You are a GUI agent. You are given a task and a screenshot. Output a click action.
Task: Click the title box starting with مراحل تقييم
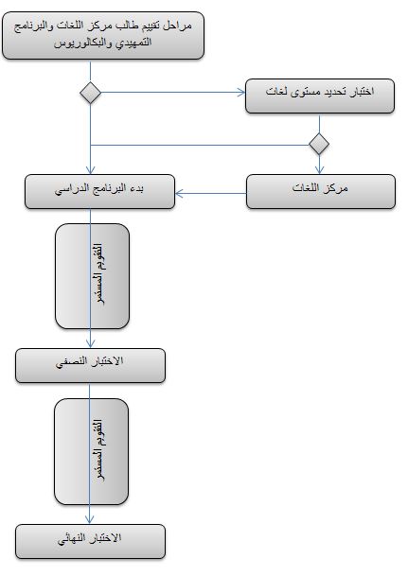point(103,35)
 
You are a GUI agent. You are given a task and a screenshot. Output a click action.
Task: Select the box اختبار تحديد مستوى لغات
point(320,96)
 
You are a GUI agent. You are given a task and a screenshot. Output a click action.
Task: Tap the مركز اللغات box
point(321,191)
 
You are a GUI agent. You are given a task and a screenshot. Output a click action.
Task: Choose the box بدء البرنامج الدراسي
point(99,191)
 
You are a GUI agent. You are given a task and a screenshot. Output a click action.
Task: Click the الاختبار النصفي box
point(91,365)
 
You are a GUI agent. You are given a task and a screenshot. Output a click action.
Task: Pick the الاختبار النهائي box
point(91,541)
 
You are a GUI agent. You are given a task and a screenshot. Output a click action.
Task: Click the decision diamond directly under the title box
point(91,93)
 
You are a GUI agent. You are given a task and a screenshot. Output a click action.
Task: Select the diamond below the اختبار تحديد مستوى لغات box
point(319,144)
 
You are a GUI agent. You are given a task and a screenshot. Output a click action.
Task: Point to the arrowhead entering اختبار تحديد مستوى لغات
point(241,92)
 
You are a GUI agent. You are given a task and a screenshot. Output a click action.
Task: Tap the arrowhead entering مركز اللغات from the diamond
point(319,169)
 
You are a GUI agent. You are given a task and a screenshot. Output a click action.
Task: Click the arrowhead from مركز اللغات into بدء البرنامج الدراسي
point(179,193)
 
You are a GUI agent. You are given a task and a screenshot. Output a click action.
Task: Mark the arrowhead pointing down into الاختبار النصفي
point(91,344)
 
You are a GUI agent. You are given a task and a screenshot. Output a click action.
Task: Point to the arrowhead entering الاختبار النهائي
point(89,519)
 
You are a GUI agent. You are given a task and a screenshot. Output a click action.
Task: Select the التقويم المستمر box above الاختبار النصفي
point(92,276)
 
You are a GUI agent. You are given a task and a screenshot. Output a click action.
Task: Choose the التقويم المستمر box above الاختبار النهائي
point(92,452)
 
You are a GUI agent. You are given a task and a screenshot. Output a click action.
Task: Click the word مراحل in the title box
point(178,26)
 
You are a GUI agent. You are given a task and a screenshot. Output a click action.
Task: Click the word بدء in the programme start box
point(135,188)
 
